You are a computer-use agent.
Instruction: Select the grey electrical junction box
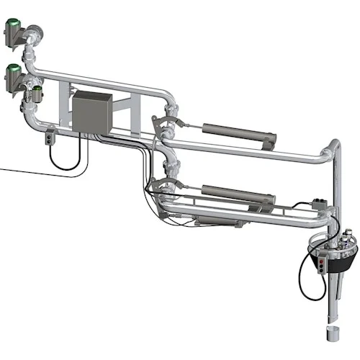coord(89,113)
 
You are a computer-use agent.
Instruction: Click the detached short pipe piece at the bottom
coord(331,336)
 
